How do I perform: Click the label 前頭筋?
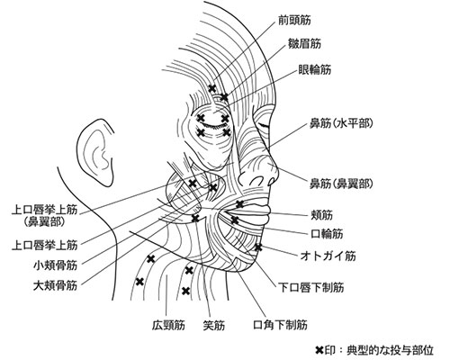click(x=294, y=20)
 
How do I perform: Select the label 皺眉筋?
click(x=304, y=44)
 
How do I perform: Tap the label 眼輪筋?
click(x=315, y=70)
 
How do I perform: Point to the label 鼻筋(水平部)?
click(x=342, y=123)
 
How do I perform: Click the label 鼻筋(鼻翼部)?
click(x=342, y=184)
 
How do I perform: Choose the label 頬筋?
click(x=322, y=215)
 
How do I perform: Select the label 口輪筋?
click(x=327, y=234)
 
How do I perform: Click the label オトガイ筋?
click(x=328, y=256)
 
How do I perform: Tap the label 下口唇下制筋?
click(x=311, y=288)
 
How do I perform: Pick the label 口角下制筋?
click(x=281, y=325)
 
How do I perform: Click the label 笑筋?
click(x=214, y=325)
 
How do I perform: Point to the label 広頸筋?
click(x=168, y=325)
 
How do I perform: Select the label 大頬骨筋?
click(x=56, y=285)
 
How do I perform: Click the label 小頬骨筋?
click(x=56, y=265)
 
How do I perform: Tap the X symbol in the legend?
click(x=320, y=350)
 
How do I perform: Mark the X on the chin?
click(x=258, y=247)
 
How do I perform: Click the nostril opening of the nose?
click(x=256, y=181)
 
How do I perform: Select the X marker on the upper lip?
click(x=239, y=204)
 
